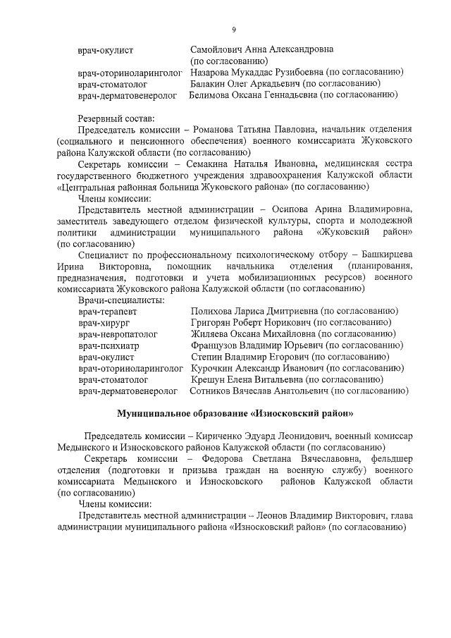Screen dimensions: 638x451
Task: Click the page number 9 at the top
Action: click(233, 29)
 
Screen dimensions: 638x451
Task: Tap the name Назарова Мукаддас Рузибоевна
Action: click(259, 72)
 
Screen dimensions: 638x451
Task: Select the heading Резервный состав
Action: click(116, 118)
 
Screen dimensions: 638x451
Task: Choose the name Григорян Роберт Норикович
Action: click(251, 323)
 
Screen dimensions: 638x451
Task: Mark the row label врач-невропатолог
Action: click(118, 334)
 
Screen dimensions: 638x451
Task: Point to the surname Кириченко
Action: click(248, 436)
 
